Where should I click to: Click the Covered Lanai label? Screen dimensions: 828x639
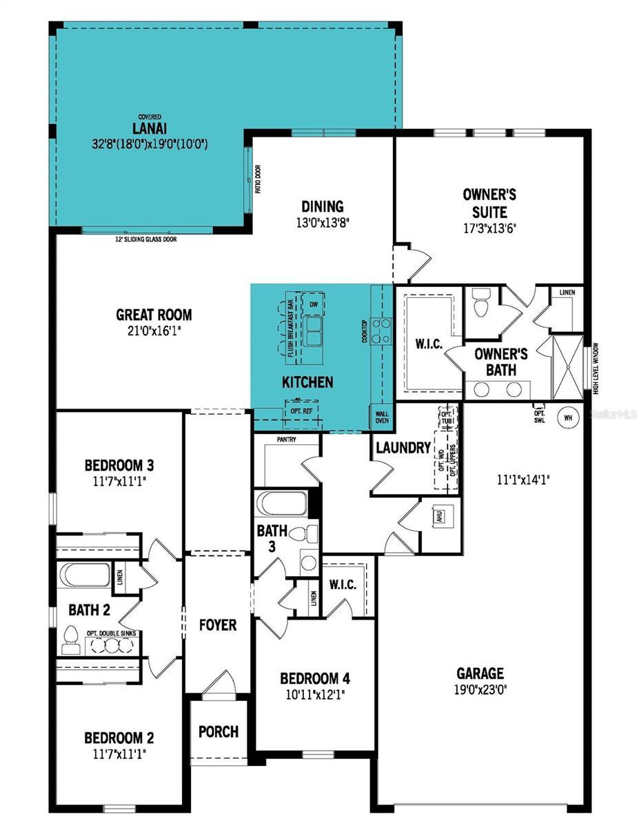pos(150,129)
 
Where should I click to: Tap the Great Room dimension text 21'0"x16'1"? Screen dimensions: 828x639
pos(154,331)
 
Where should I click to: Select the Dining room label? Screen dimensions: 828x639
pos(322,206)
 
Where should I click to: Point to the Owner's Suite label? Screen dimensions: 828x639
pos(489,203)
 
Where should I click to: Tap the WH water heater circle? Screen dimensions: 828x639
pos(568,417)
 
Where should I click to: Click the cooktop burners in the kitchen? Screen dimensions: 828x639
pos(380,331)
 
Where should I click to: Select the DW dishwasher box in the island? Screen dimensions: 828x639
pos(314,304)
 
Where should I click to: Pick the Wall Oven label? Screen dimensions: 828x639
pos(381,417)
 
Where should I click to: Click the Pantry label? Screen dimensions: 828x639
pos(286,439)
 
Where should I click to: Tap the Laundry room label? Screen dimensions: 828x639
pos(403,448)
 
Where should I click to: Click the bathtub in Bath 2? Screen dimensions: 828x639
pos(85,575)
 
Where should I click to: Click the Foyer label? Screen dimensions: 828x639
pos(217,625)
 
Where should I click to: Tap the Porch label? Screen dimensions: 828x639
pos(219,731)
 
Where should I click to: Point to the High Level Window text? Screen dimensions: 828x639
pos(596,369)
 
